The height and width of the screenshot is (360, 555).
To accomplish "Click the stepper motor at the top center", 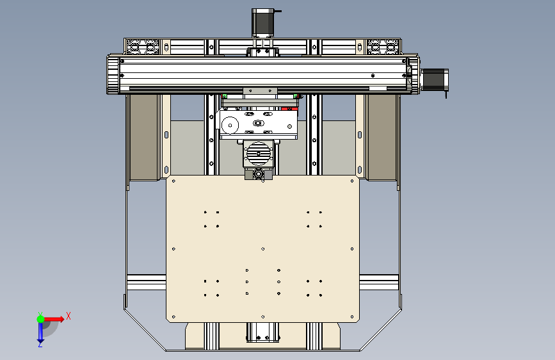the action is [x=262, y=22].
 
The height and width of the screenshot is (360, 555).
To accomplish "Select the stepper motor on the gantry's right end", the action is [x=435, y=79].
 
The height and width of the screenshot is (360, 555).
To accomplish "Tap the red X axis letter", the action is [x=68, y=316].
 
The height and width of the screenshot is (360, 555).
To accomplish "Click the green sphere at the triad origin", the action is [x=41, y=319].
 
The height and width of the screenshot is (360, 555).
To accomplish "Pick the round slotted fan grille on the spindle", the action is [x=259, y=154].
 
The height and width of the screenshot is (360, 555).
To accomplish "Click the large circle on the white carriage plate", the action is [x=230, y=125].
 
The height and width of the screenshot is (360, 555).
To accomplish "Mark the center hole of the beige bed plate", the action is [x=262, y=249].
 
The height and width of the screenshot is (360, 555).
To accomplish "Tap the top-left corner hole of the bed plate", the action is [x=173, y=181].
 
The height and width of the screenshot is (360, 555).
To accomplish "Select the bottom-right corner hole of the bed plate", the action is [x=352, y=317].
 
